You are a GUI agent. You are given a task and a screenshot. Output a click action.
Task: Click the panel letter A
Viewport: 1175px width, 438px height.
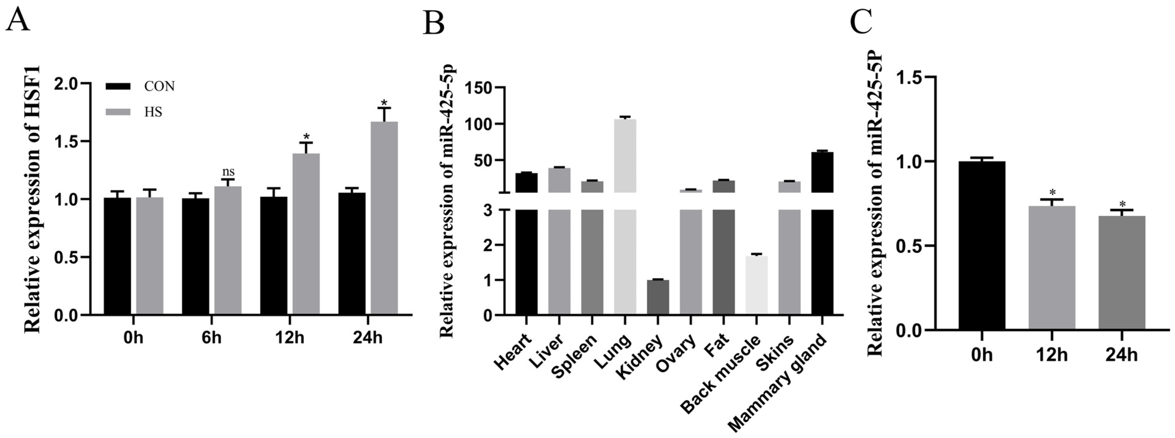click(17, 21)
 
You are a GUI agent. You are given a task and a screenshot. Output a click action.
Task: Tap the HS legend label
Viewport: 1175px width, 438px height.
click(153, 112)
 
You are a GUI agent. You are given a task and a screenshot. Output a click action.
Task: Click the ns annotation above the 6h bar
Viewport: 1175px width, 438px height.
click(228, 172)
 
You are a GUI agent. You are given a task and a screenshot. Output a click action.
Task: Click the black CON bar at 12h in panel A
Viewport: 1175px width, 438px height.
click(274, 255)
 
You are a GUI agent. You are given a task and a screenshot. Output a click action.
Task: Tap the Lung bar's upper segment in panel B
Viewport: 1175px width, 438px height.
click(625, 155)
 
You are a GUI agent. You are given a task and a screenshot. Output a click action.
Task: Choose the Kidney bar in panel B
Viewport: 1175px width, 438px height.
click(658, 297)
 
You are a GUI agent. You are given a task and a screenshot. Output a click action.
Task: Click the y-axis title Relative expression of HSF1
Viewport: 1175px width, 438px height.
click(32, 199)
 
